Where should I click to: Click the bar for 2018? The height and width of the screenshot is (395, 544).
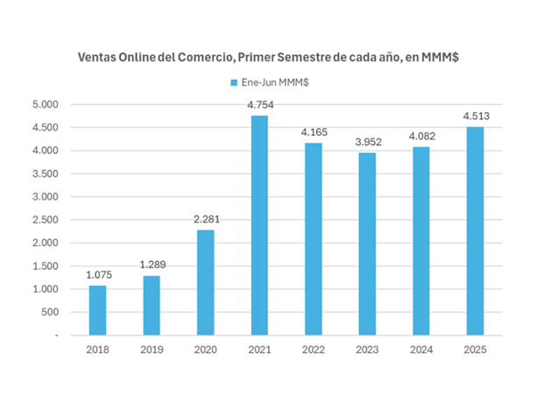tap(97, 310)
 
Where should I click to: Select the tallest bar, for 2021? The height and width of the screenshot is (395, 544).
tap(259, 225)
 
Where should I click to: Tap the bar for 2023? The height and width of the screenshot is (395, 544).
tap(367, 243)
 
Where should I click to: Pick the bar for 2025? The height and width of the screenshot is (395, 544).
tap(475, 230)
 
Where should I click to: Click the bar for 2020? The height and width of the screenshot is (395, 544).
tap(205, 282)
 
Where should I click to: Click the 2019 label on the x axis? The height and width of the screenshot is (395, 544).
tap(152, 349)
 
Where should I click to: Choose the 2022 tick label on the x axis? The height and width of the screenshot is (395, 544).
tap(314, 349)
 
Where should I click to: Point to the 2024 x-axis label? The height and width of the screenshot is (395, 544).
tap(421, 349)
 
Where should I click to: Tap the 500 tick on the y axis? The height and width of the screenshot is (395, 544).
tap(49, 312)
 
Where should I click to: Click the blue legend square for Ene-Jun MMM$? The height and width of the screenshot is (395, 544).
tap(234, 81)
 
